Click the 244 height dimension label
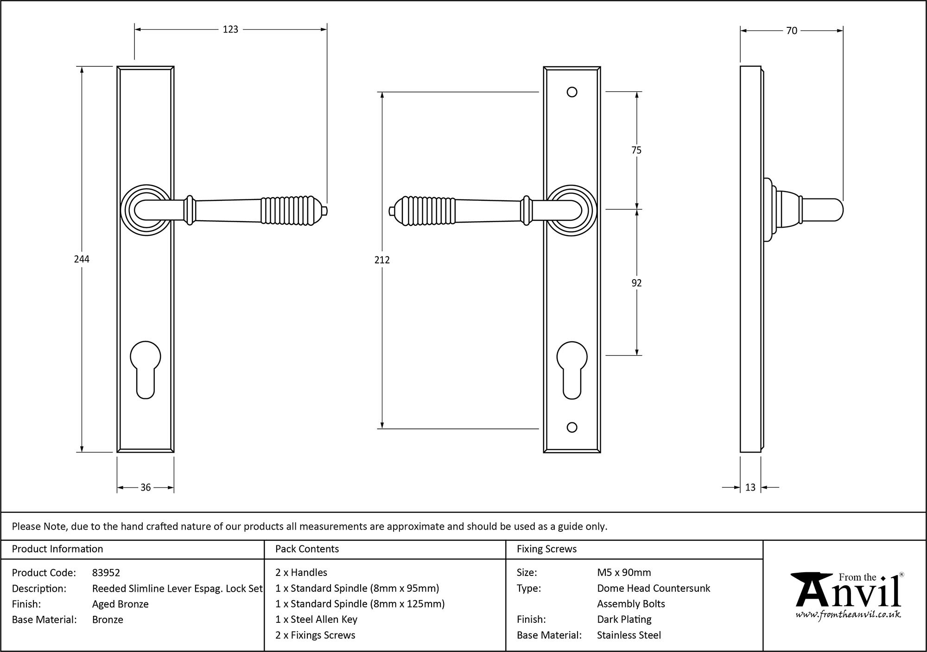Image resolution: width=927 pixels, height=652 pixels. (82, 259)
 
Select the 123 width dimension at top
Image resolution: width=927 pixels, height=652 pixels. (230, 30)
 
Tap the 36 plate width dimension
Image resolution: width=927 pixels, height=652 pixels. (146, 487)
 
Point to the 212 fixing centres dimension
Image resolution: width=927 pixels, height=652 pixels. (382, 260)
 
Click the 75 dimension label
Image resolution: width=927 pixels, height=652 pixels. (636, 150)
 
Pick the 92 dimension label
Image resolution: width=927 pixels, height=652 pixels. (636, 283)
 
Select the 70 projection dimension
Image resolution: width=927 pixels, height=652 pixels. (792, 31)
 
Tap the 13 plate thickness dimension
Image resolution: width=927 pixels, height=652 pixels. (750, 487)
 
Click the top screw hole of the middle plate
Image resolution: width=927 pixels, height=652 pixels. (572, 92)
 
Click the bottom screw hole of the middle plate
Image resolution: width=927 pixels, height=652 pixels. (572, 428)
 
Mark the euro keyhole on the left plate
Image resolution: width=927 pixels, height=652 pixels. (146, 369)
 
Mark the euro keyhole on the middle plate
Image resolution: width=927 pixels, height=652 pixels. (572, 369)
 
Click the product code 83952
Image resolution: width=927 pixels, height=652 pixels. (106, 573)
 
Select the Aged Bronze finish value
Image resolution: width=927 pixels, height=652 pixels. (121, 604)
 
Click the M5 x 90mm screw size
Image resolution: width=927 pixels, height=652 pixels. (624, 573)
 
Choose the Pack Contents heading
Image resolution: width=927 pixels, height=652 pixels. (307, 549)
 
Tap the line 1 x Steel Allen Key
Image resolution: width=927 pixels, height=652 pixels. (316, 619)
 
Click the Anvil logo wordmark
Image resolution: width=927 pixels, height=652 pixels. (848, 596)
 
